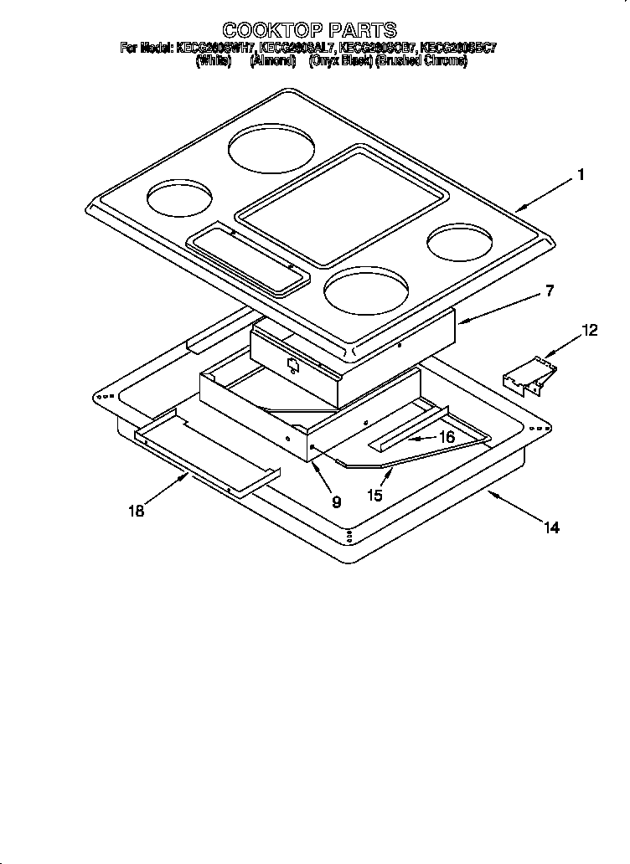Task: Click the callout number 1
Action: click(580, 176)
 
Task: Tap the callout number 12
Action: click(590, 331)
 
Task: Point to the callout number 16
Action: click(447, 437)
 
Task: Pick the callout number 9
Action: click(336, 502)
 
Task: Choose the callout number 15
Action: click(374, 496)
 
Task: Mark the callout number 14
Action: click(550, 527)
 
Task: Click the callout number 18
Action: click(137, 512)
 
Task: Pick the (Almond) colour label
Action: click(273, 62)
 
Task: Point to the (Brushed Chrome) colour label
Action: click(421, 62)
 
